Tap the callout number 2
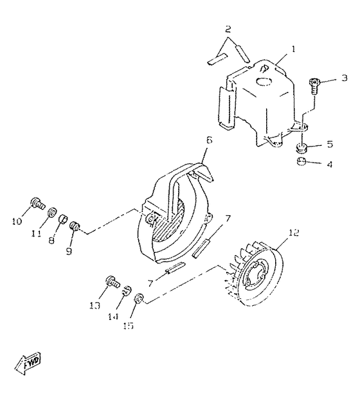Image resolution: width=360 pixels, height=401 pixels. (228, 29)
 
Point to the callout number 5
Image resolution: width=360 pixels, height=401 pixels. (329, 145)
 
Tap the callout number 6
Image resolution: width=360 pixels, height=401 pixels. (208, 139)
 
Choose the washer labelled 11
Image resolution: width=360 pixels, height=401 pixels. (53, 212)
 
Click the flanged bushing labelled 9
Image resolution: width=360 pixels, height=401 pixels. (76, 226)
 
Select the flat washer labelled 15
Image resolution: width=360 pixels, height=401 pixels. (139, 298)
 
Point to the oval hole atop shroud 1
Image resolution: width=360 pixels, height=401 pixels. (264, 81)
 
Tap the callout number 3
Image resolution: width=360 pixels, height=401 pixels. (344, 78)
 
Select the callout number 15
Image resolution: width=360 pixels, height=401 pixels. (128, 326)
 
